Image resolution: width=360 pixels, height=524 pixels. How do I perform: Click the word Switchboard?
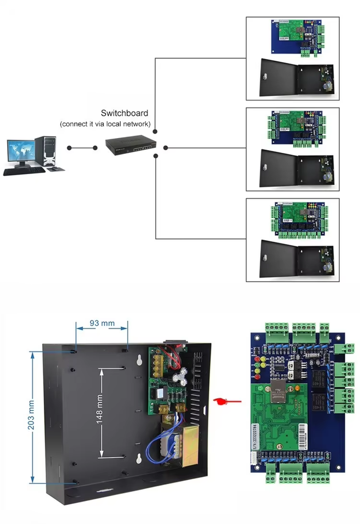coord(125,114)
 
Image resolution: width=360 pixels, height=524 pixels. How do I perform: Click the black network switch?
coord(131,145)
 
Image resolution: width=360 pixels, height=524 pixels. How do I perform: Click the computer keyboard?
coord(24,171)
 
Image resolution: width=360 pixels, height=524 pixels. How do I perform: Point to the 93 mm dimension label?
coord(102,323)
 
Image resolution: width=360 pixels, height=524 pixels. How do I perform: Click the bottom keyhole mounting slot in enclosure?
coord(140,458)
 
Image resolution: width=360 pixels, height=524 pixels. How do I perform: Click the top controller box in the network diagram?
coord(292,58)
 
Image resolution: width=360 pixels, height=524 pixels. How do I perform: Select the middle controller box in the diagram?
coord(292,149)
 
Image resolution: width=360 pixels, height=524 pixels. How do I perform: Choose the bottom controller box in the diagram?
coord(292,240)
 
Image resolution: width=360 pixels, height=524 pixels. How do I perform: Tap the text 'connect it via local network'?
coord(105,124)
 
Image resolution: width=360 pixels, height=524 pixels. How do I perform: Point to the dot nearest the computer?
coord(69,147)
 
